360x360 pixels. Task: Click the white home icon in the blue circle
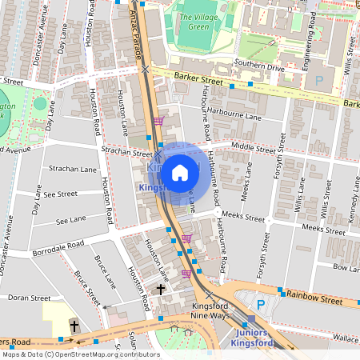(x=180, y=173)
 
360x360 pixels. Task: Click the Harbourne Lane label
(x=231, y=116)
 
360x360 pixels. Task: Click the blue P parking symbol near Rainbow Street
(x=260, y=304)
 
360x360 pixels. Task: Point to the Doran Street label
(x=29, y=298)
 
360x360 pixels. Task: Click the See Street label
(x=61, y=194)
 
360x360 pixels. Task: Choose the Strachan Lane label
(x=72, y=169)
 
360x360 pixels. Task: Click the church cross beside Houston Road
(x=161, y=289)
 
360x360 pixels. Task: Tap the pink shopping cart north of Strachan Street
(x=158, y=122)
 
